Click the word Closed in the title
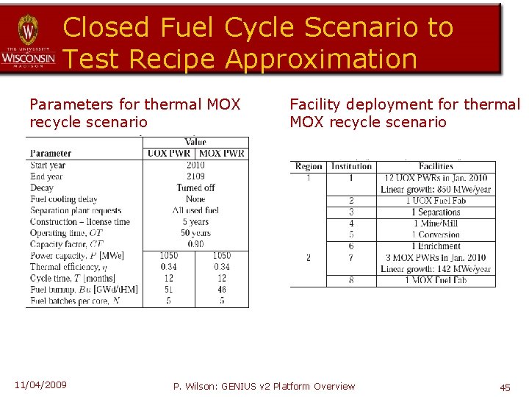pos(107,27)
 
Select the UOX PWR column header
pos(168,154)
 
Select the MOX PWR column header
pos(221,154)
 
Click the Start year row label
pos(48,165)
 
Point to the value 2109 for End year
pos(195,176)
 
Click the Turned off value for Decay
pos(195,188)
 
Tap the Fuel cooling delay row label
pos(64,199)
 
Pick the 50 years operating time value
pos(195,233)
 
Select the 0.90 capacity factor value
pos(195,244)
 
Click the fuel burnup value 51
pos(169,290)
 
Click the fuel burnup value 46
pos(222,290)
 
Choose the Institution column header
pos(351,167)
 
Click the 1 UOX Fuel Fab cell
pos(436,201)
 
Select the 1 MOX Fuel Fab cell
pos(436,281)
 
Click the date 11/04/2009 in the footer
pos(40,385)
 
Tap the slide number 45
pos(505,387)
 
